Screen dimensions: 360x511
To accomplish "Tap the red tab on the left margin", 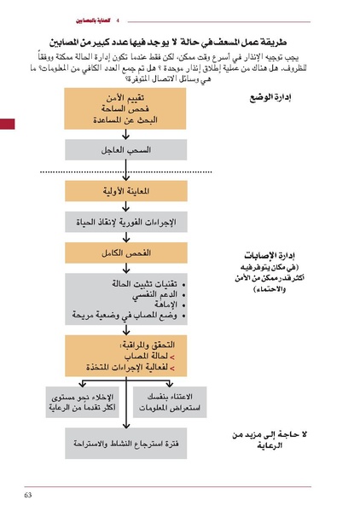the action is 7,125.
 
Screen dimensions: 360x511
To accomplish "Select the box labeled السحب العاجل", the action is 126,150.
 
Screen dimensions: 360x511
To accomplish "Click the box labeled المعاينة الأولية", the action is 126,192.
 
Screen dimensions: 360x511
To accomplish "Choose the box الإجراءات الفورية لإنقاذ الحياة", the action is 126,224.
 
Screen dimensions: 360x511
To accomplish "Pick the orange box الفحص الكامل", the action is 126,255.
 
